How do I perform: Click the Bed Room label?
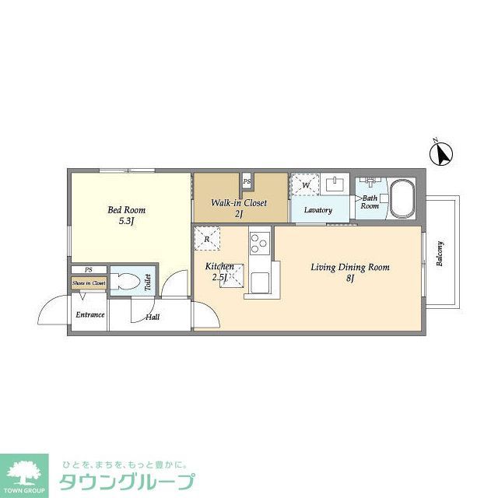pos(126,210)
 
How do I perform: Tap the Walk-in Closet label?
pos(239,203)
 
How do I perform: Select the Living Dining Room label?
pos(349,268)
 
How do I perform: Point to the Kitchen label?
pos(219,266)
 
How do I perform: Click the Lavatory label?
pos(318,210)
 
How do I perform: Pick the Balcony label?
pos(440,253)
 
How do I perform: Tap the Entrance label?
pos(89,315)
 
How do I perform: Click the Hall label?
pos(153,317)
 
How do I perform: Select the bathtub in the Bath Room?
pos(402,198)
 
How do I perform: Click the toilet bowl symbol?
pos(126,281)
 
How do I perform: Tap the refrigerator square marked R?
pos(206,239)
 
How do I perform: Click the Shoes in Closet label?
pos(89,283)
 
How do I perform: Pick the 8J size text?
pos(349,279)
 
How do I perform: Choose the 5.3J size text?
pos(126,222)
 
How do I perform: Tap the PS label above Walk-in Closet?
pos(247,182)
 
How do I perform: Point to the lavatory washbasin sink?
pos(337,184)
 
